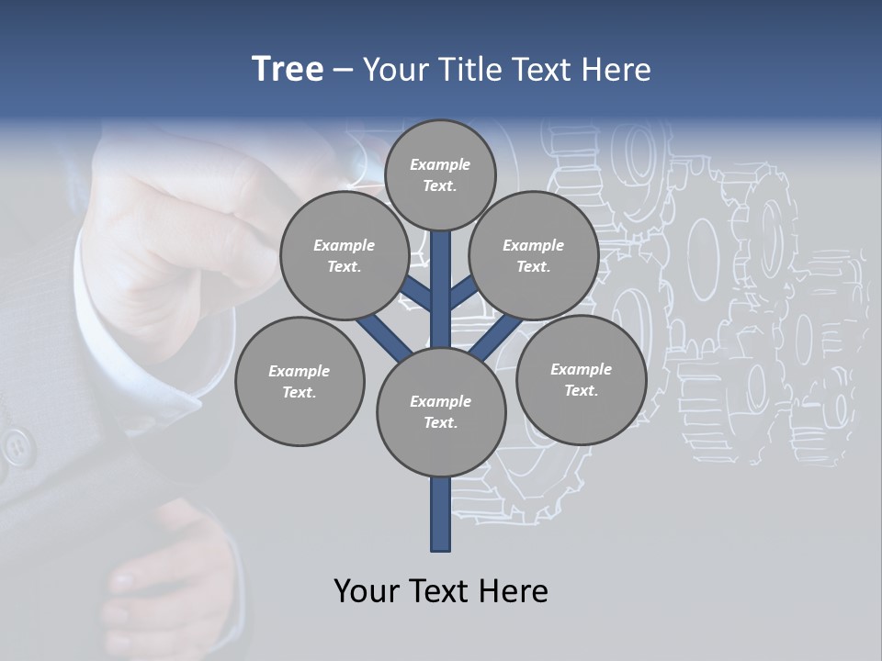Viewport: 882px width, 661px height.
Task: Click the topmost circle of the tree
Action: pos(440,174)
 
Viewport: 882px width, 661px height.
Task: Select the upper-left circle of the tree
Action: pos(344,255)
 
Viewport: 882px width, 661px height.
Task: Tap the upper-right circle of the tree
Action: pos(534,255)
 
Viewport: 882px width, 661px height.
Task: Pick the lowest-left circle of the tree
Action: pos(300,381)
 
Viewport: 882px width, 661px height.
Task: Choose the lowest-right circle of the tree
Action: pos(581,379)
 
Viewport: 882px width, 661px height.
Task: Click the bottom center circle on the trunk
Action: pos(441,412)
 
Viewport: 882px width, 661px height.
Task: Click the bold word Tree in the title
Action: pos(288,69)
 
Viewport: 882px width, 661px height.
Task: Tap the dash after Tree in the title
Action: pos(343,70)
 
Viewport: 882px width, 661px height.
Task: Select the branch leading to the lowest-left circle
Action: pos(383,337)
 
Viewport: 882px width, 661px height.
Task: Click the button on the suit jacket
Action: pos(16,447)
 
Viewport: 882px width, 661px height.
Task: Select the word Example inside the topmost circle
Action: pos(440,164)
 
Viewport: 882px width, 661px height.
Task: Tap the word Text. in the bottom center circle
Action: pos(440,422)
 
